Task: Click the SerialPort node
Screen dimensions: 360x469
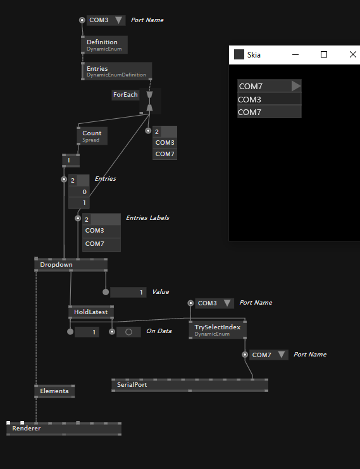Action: coord(190,385)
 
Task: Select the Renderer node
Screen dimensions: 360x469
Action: coord(64,429)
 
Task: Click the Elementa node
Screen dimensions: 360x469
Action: coord(54,391)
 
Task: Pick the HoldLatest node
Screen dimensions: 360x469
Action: coord(91,312)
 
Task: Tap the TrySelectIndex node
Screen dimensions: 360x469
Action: coord(218,330)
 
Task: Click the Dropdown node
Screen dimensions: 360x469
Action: coord(71,265)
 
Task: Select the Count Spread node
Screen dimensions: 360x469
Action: coord(92,136)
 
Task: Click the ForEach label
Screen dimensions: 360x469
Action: coord(125,95)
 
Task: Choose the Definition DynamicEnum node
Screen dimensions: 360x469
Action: coord(104,45)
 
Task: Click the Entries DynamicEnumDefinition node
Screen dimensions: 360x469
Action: coord(116,71)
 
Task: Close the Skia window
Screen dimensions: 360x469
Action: coord(353,54)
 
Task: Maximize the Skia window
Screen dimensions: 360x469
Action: coord(324,54)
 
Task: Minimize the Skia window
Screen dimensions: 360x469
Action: coord(295,54)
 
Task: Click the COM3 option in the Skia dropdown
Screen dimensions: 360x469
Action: coord(270,99)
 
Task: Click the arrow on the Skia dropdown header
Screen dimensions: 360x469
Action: coord(295,86)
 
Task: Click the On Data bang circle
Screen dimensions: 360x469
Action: coord(129,332)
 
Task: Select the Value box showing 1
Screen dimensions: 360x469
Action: coord(128,292)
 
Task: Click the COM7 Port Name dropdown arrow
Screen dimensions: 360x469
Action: coord(282,355)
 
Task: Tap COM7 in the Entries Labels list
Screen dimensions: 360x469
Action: coord(101,244)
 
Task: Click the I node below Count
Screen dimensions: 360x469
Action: coord(71,161)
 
